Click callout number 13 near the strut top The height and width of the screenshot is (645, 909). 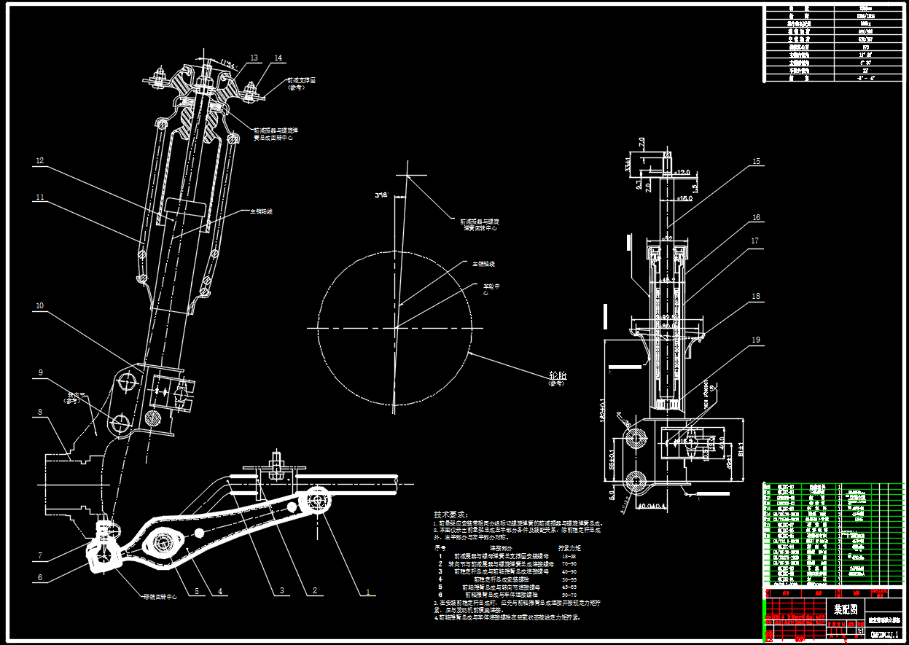coord(254,58)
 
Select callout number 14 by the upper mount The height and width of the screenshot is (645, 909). coord(278,58)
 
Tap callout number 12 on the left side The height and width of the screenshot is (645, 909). coord(40,160)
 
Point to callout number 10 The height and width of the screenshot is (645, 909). coord(40,305)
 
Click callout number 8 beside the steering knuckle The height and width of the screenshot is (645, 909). coord(40,412)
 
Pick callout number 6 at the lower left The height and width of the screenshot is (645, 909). coord(40,578)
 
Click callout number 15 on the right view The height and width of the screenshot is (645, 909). coord(756,161)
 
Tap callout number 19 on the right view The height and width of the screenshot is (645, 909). coord(756,340)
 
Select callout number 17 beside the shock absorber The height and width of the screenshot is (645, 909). coord(756,240)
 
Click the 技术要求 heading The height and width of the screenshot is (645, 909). coord(453,514)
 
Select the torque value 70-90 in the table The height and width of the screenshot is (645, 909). coord(568,563)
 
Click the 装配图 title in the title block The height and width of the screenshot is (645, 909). coord(845,609)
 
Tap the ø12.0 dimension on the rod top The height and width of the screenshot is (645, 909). coord(682,173)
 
